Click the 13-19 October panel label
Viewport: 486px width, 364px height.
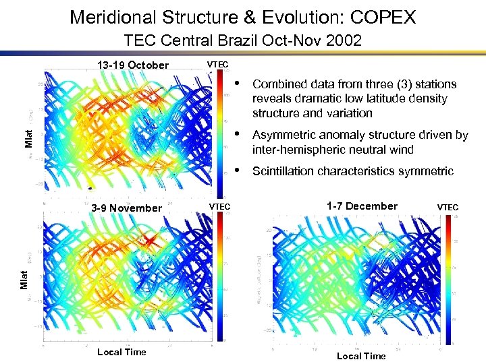[x=133, y=65]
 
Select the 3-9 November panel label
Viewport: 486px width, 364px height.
[x=128, y=208]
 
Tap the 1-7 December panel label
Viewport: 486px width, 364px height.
[x=362, y=206]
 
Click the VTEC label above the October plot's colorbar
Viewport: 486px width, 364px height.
[x=218, y=65]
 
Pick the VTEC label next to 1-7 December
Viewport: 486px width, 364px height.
[x=448, y=207]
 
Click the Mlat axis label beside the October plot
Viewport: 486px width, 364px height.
[x=29, y=142]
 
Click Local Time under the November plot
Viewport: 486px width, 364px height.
[x=122, y=352]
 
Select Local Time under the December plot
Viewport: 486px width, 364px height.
[x=361, y=356]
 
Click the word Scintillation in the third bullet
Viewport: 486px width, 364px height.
[x=283, y=171]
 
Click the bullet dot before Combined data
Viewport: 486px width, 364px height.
[x=238, y=84]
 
